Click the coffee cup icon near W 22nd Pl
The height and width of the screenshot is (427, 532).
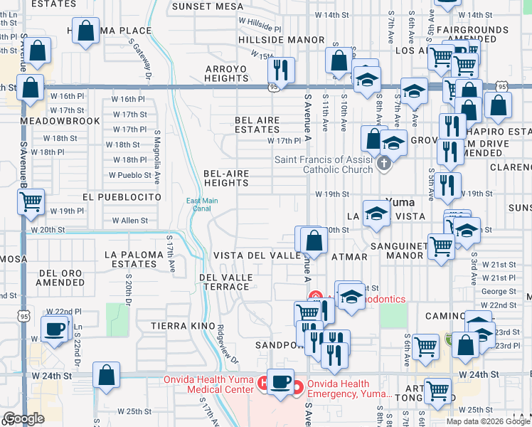click(x=55, y=329)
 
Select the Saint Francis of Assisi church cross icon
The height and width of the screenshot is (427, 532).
click(x=384, y=164)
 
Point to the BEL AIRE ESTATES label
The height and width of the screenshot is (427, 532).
click(x=257, y=125)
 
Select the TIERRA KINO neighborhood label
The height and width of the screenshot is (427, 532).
click(x=178, y=325)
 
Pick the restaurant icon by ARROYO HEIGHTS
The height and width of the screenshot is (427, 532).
click(x=280, y=69)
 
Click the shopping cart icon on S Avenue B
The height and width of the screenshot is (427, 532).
click(x=31, y=202)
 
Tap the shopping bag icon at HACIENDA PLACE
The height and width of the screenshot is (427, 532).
click(x=85, y=31)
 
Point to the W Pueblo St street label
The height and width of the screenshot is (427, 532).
click(x=130, y=175)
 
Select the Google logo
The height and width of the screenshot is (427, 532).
click(x=23, y=418)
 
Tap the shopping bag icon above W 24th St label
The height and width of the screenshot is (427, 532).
click(x=106, y=374)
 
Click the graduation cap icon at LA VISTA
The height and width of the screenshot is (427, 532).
click(x=376, y=213)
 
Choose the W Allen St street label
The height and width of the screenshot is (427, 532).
click(x=130, y=221)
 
